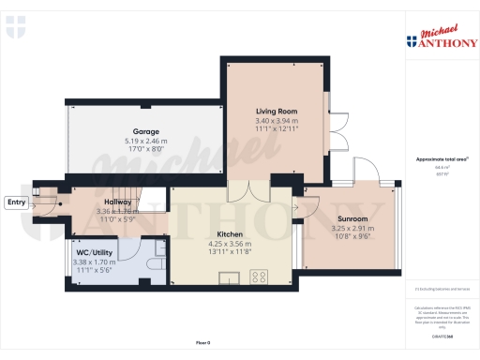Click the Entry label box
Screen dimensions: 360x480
[x=16, y=202]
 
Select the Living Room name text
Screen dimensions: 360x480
[x=277, y=112]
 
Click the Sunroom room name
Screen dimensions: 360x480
[x=352, y=218]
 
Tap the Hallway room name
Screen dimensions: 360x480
[x=117, y=202]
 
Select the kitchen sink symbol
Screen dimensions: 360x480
[x=229, y=277]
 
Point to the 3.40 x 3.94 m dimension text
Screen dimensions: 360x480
[x=277, y=121]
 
